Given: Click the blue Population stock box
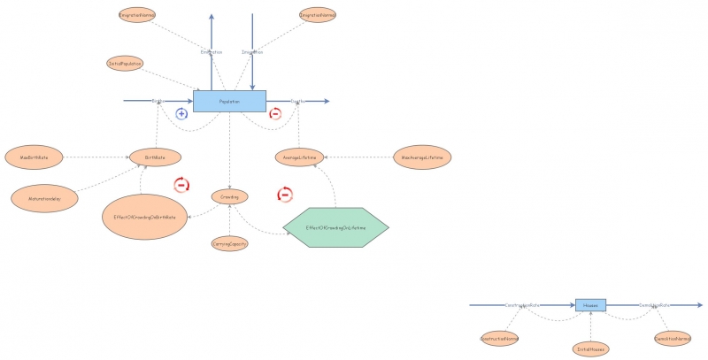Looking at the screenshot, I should pos(229,102).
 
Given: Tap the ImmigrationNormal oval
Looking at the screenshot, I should pos(317,15).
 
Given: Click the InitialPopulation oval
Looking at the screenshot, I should pos(125,64).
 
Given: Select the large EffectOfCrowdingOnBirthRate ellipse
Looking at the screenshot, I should pos(144,217).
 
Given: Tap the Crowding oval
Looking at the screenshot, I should pos(229,195).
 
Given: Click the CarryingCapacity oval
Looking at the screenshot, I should pos(229,243).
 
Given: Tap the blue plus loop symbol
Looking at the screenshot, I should pos(181,113).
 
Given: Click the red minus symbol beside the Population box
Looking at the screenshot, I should pos(274,113).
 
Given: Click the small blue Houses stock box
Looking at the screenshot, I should pos(590,304).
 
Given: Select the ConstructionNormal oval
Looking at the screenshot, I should pos(499,338).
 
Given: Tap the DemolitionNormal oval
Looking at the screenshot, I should pos(672,338).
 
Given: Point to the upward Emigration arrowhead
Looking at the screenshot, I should pos(211,17).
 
